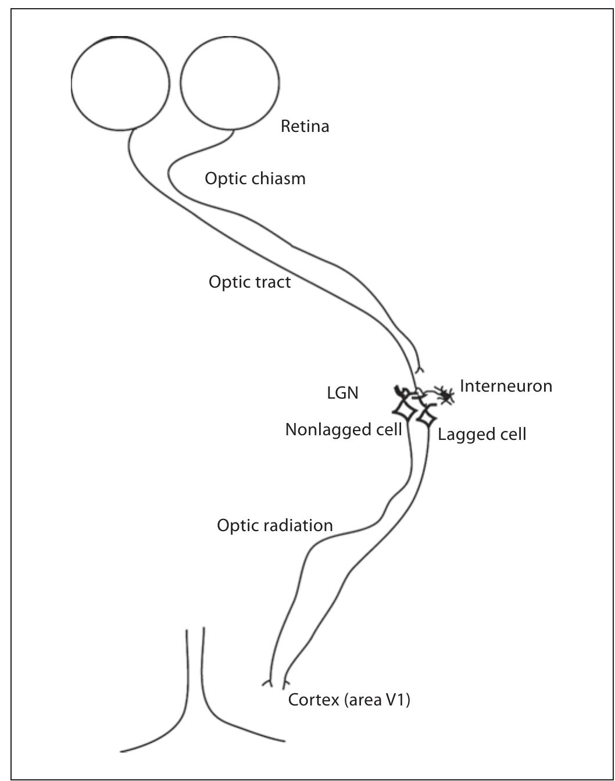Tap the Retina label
305,126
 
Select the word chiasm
278,178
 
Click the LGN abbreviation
342,393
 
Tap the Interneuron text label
506,386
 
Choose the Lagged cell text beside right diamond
482,434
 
